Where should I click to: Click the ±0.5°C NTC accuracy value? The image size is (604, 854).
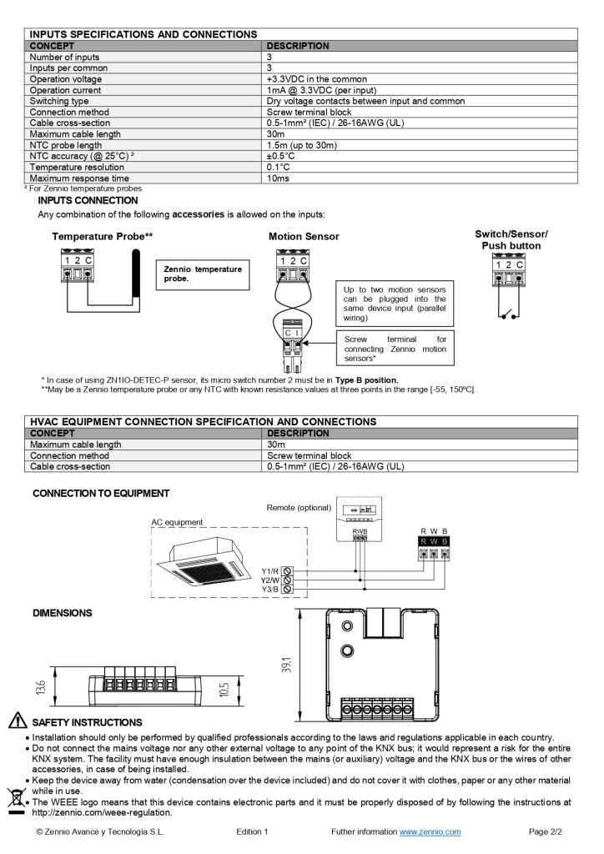point(281,156)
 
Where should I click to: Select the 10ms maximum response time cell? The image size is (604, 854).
point(278,178)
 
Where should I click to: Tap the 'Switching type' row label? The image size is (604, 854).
point(59,101)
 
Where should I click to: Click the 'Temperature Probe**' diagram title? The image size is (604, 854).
point(102,237)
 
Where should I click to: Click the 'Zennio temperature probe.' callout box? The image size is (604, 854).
point(203,274)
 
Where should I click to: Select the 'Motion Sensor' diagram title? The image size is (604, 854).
point(304,237)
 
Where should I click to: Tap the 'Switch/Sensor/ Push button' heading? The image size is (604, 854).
point(511,240)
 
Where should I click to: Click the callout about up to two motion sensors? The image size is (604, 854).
point(395,304)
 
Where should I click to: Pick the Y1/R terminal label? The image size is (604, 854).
point(269,571)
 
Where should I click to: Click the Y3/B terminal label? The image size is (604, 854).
point(269,589)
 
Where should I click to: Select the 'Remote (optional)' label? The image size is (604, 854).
point(299,507)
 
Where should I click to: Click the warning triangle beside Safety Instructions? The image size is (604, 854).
point(17,721)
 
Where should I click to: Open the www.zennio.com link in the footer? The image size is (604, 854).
point(430,831)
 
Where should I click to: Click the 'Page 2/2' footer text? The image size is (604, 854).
point(546,831)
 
